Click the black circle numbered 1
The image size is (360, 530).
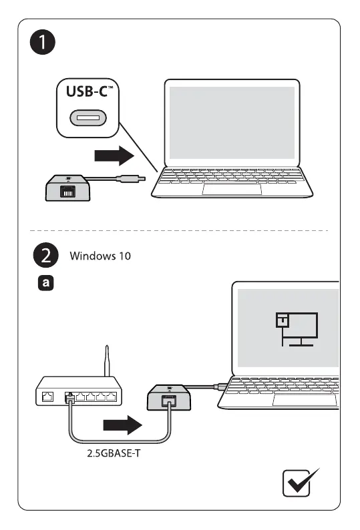pos(43,42)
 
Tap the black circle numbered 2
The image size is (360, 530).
pos(45,255)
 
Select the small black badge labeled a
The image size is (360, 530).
pos(45,283)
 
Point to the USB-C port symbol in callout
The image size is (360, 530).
pos(88,118)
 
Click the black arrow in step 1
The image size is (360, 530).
pos(114,156)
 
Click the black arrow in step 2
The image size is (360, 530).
pos(122,425)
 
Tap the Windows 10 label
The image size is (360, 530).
pos(100,256)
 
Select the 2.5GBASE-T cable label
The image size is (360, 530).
pos(114,453)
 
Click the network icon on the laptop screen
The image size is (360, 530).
pos(297,329)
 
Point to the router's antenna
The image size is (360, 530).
pos(107,360)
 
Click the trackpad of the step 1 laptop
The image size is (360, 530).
pos(232,190)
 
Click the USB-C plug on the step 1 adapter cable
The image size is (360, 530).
pos(131,178)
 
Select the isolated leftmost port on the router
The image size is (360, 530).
pos(47,396)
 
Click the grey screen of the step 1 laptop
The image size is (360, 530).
pos(232,123)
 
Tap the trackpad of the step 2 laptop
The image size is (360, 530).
pos(305,400)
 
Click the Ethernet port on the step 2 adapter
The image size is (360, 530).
pos(169,401)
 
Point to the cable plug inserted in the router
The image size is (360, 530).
pos(69,397)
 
